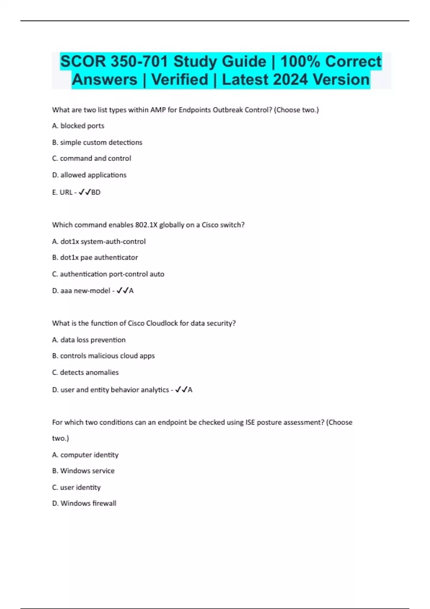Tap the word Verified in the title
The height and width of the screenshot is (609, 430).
pyautogui.click(x=180, y=80)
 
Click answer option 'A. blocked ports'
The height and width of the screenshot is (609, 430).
pyautogui.click(x=78, y=126)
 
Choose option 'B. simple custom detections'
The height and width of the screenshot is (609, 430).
pyautogui.click(x=97, y=142)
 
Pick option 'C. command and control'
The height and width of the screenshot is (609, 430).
pyautogui.click(x=91, y=158)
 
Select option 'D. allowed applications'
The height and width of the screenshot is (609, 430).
pyautogui.click(x=89, y=175)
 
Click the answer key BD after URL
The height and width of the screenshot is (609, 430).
pyautogui.click(x=96, y=192)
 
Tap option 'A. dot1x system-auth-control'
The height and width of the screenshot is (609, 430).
pyautogui.click(x=99, y=241)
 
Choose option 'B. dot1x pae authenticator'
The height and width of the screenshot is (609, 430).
pyautogui.click(x=95, y=257)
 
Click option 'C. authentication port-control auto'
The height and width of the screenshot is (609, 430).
pyautogui.click(x=108, y=274)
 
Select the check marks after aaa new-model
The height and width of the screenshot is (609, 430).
pyautogui.click(x=122, y=291)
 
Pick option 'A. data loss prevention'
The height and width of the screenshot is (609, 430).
pyautogui.click(x=89, y=340)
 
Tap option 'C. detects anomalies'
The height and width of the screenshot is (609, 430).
pyautogui.click(x=85, y=372)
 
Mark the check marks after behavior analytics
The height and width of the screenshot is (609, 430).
pyautogui.click(x=181, y=390)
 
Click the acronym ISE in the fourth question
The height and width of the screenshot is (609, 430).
pyautogui.click(x=250, y=422)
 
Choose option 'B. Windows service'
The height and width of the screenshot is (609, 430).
pyautogui.click(x=83, y=471)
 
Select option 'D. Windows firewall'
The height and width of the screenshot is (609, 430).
pyautogui.click(x=84, y=503)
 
